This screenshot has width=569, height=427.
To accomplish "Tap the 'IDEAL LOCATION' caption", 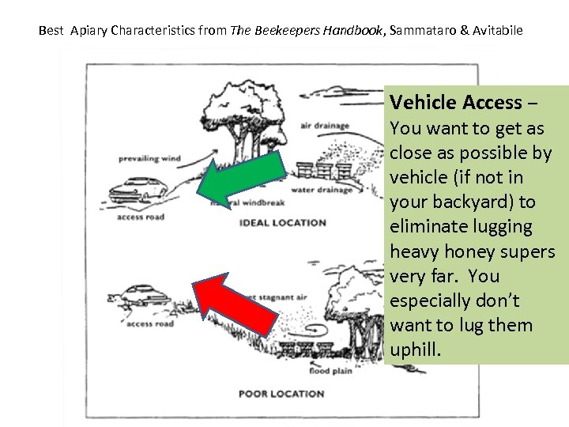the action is (282, 223).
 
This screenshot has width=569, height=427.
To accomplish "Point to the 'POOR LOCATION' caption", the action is (281, 394).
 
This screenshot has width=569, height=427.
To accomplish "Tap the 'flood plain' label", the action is (331, 371).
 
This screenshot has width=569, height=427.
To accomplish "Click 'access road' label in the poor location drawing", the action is (150, 323).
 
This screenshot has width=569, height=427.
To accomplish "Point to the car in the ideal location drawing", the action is (138, 190).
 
